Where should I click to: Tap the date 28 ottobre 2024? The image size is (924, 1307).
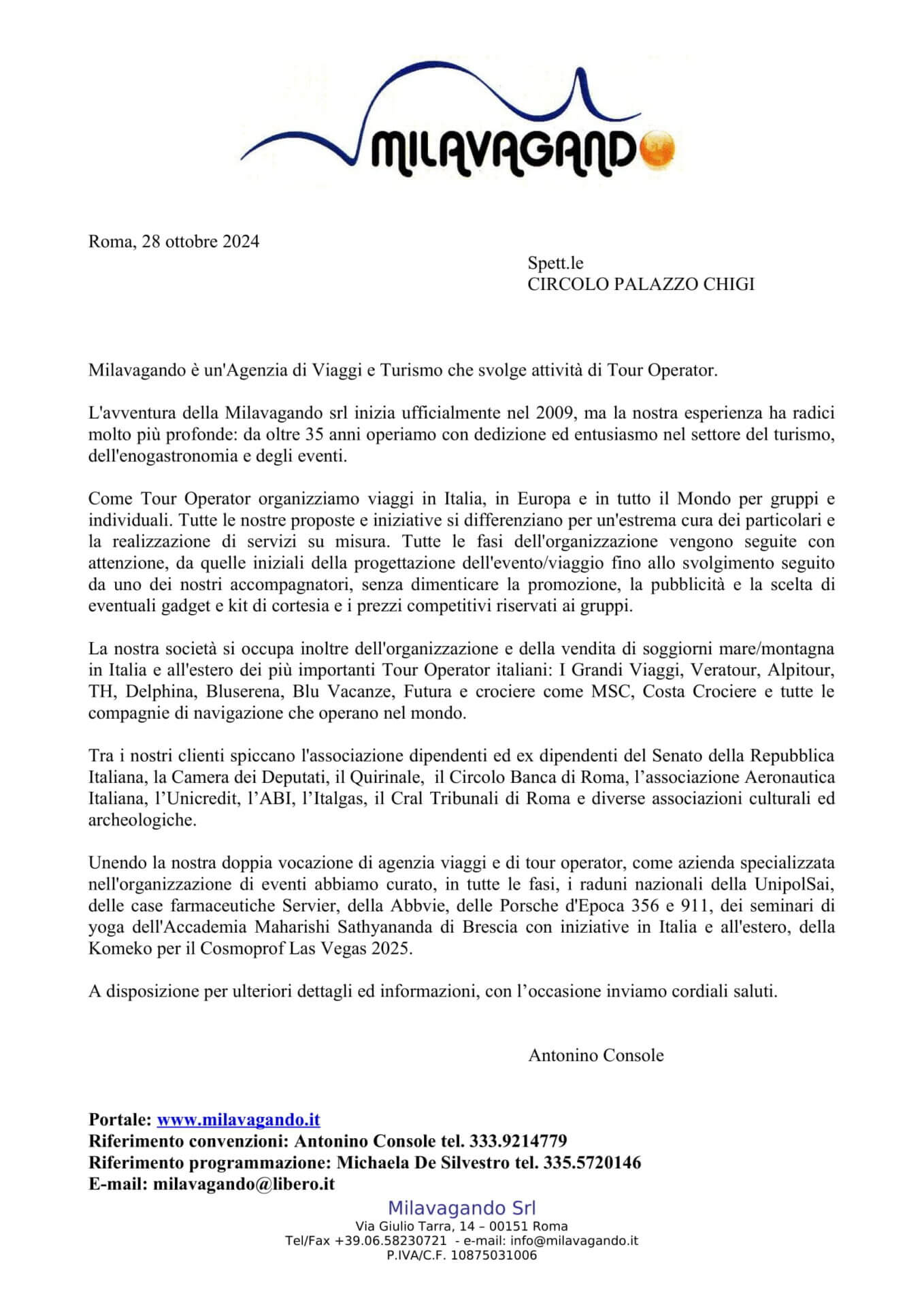click(201, 242)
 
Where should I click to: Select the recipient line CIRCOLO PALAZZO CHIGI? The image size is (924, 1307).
click(641, 285)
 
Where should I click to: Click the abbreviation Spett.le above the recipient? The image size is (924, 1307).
click(555, 263)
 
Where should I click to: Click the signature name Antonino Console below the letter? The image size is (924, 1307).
click(596, 1056)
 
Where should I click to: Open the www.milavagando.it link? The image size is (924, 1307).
click(238, 1120)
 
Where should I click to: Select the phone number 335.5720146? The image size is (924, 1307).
click(592, 1163)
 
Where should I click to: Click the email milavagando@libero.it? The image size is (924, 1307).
click(244, 1184)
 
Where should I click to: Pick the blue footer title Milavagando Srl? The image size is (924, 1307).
click(462, 1208)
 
